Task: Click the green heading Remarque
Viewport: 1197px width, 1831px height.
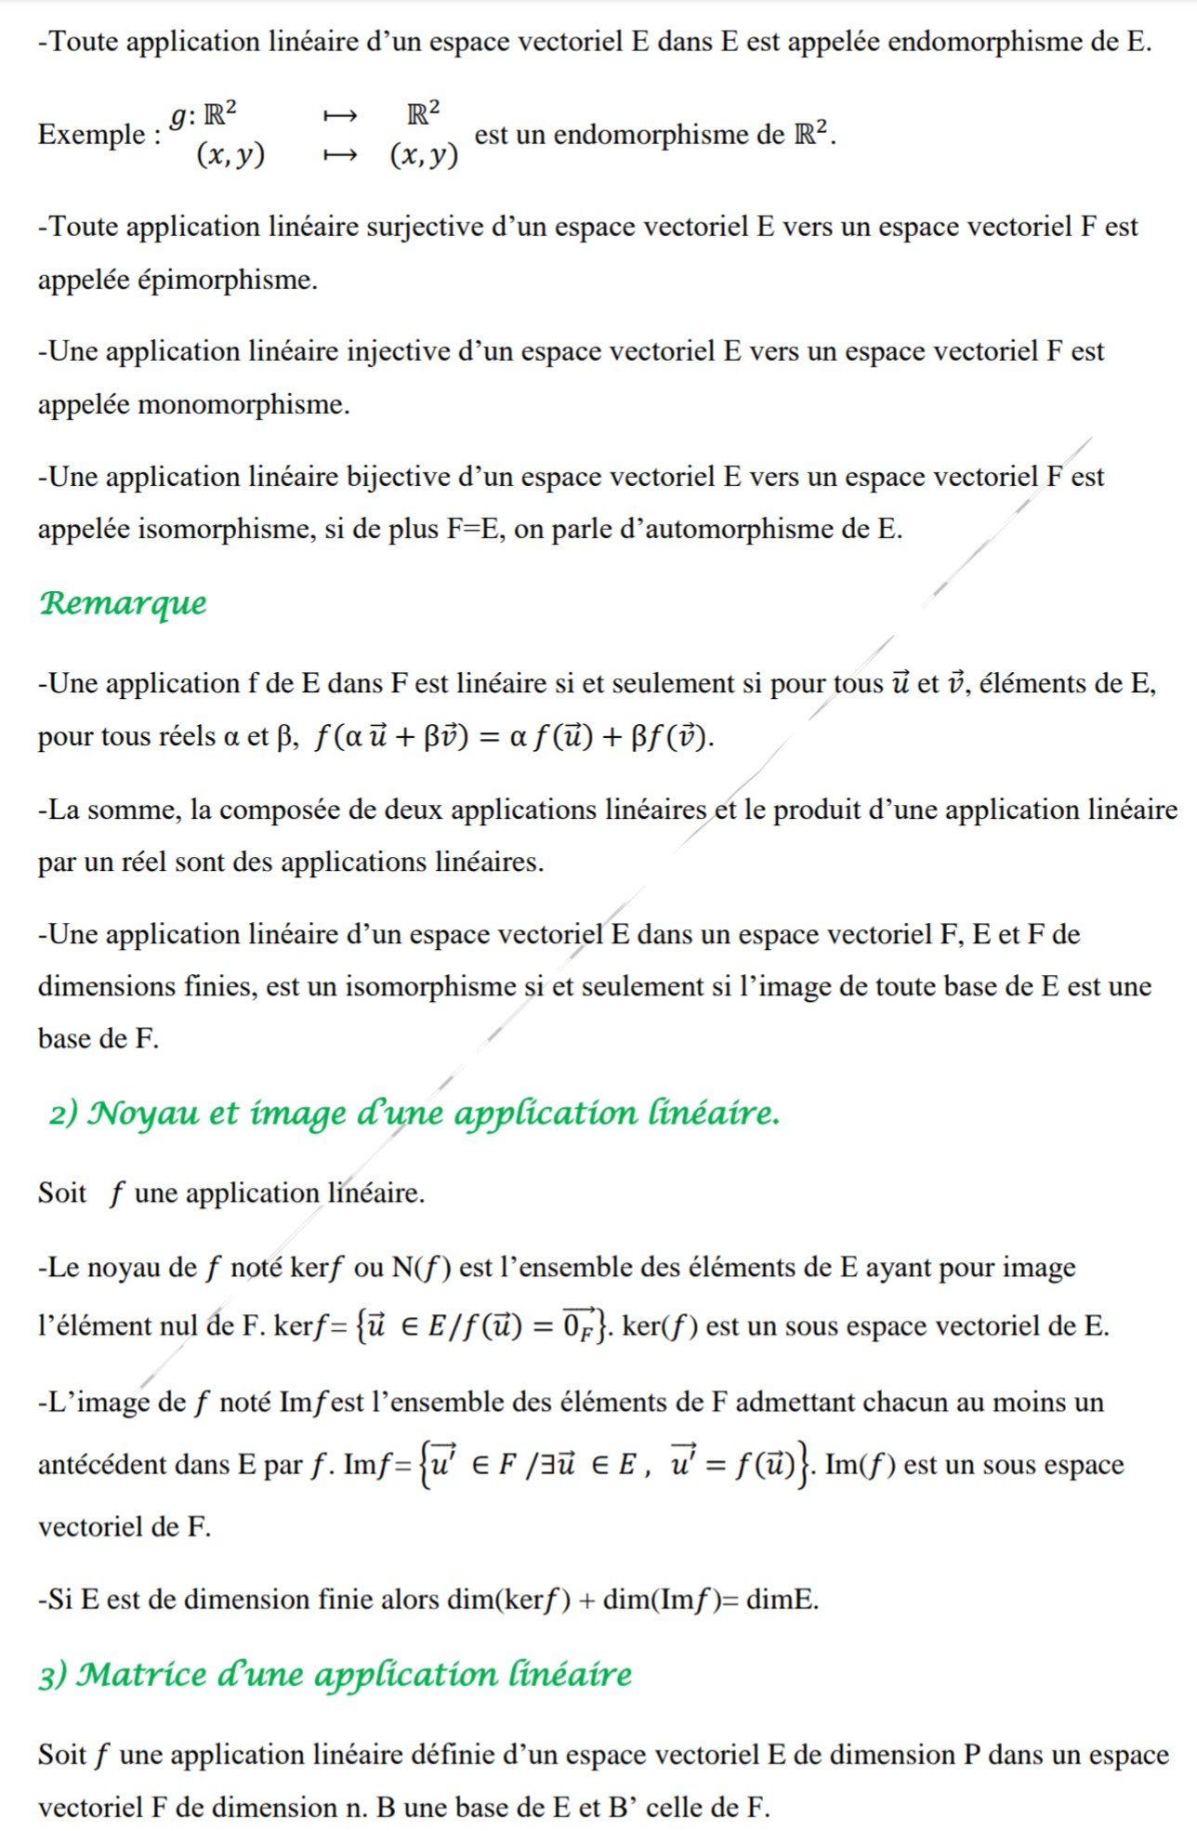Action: point(123,604)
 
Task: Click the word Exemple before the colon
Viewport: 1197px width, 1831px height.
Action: point(90,135)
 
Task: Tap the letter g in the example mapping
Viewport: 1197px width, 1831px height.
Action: point(178,115)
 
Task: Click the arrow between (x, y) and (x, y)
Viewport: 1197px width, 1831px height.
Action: point(339,156)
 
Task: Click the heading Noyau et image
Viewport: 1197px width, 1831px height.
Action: point(414,1113)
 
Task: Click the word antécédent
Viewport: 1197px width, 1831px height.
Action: point(101,1466)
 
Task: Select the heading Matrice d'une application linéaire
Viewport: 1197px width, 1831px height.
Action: point(335,1675)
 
